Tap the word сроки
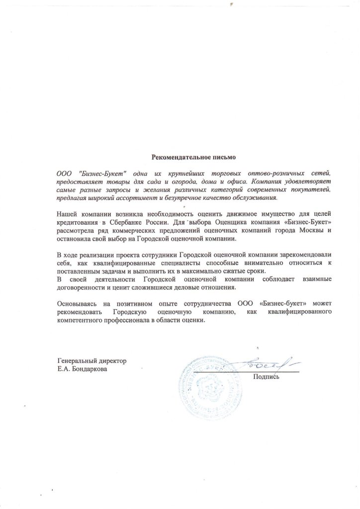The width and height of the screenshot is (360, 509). (x=256, y=271)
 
